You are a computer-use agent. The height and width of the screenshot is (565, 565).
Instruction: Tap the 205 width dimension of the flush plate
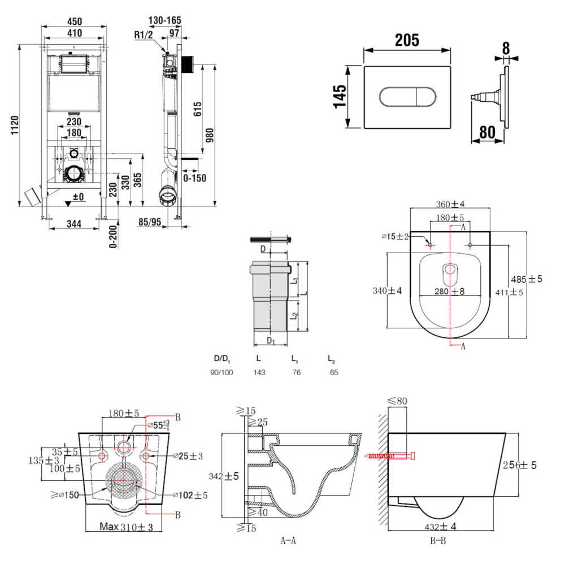(x=407, y=40)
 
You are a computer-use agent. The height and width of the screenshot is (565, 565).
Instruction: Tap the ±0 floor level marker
(x=75, y=197)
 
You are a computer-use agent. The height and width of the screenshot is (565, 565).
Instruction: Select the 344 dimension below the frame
(x=73, y=224)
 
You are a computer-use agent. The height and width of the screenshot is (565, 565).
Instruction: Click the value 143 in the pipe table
(x=260, y=373)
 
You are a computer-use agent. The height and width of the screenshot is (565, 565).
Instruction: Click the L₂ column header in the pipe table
(x=332, y=358)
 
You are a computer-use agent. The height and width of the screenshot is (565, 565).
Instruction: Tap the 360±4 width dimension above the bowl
(x=450, y=204)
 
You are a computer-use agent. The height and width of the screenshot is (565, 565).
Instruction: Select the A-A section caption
(x=288, y=541)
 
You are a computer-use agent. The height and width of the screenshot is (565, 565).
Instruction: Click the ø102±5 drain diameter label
(x=191, y=496)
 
